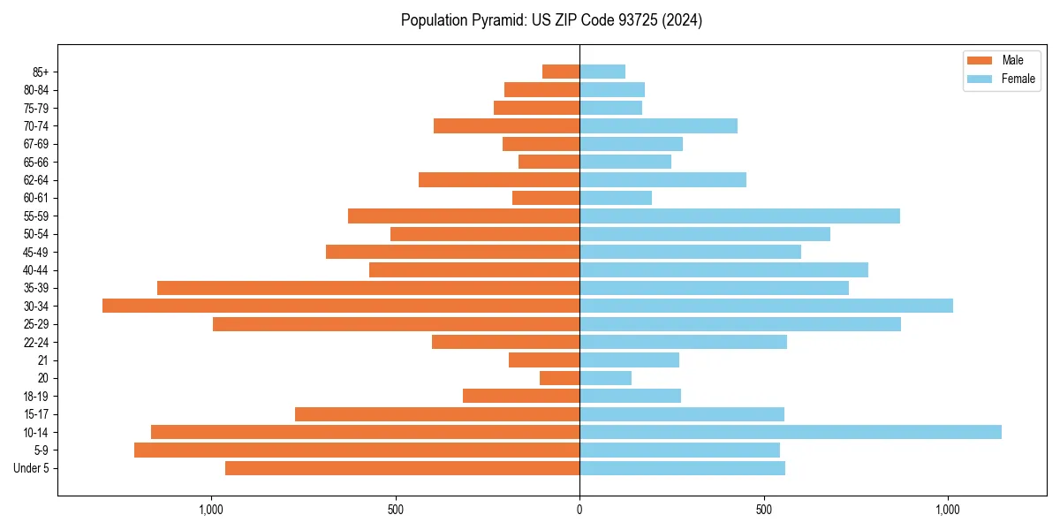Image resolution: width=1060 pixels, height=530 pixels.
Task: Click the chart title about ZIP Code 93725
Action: (x=551, y=20)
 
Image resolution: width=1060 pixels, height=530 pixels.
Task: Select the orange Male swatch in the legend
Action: (x=980, y=60)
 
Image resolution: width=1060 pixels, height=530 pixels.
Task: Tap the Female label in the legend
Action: (x=1018, y=79)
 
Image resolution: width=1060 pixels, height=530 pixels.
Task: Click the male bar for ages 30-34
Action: (x=341, y=306)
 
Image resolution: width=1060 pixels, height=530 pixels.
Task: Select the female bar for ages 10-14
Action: (x=791, y=432)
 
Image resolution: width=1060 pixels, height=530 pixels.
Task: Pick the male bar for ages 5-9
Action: (x=357, y=450)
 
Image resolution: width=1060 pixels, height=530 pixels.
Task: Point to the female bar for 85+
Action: (x=602, y=72)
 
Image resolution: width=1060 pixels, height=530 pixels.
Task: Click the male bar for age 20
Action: (x=560, y=378)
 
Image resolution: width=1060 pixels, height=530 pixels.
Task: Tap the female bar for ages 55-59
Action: (x=739, y=216)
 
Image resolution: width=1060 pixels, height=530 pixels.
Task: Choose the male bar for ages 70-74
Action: (x=507, y=125)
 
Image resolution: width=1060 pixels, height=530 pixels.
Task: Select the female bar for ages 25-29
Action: (x=740, y=324)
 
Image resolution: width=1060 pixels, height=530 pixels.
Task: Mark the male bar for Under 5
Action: (x=403, y=468)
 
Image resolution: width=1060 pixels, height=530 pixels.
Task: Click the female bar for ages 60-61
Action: (x=616, y=198)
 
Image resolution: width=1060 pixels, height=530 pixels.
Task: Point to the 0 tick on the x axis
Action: (x=579, y=510)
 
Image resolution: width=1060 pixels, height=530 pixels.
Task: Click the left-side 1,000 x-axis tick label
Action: (x=211, y=510)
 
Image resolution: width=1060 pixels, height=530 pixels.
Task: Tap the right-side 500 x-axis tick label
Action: (x=764, y=510)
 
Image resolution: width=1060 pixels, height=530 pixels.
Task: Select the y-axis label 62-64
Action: (x=36, y=180)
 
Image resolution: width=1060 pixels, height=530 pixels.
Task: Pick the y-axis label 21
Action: (x=42, y=360)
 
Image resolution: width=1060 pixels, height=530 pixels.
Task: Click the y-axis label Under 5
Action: (x=32, y=468)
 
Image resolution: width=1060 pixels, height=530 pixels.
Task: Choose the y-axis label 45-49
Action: (x=36, y=252)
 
